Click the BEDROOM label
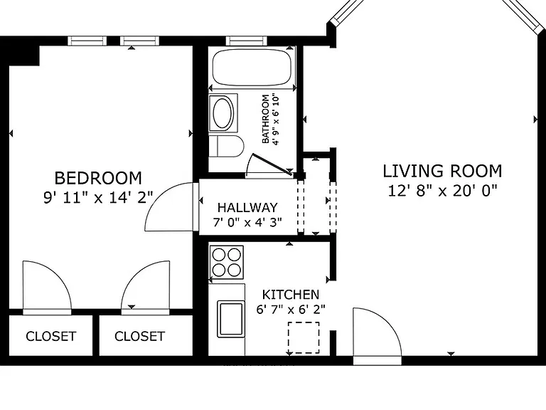[98, 178]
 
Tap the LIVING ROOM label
[442, 171]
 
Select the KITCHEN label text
[290, 295]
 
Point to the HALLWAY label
[247, 207]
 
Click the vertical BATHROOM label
[265, 119]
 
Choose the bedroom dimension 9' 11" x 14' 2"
[98, 197]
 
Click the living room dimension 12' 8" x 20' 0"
[442, 191]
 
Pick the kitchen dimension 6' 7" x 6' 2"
[290, 309]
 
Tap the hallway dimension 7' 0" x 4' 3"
[247, 222]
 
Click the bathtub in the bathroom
[252, 68]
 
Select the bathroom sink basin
[223, 113]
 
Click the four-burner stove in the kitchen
[226, 262]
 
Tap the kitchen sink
[230, 319]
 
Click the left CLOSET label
[51, 336]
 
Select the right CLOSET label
[139, 336]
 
